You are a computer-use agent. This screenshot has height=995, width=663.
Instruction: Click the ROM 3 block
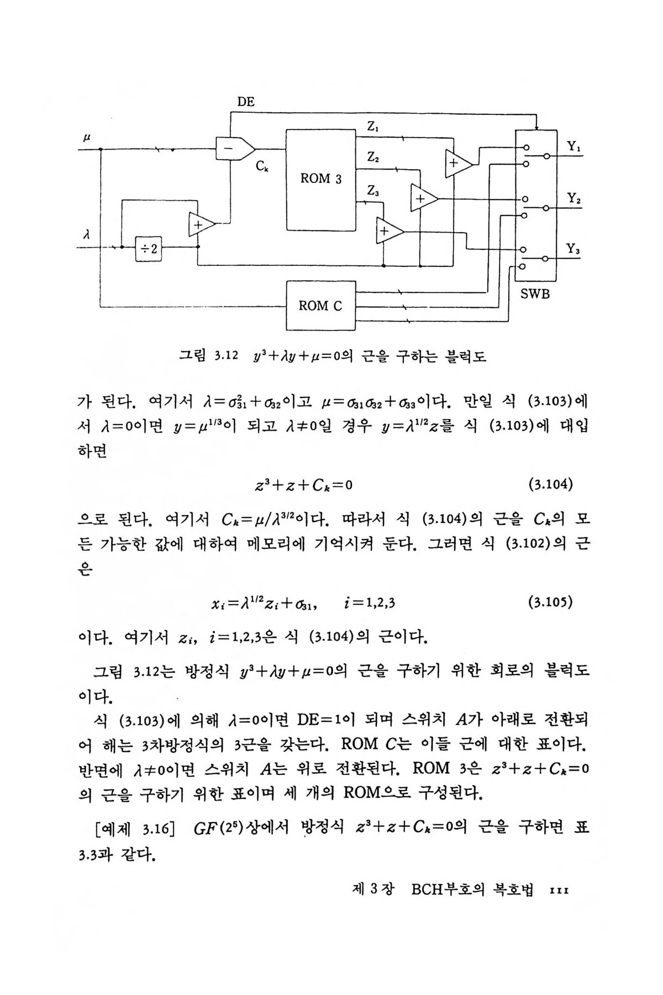pos(320,179)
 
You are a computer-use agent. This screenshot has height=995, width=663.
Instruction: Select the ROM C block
pos(320,305)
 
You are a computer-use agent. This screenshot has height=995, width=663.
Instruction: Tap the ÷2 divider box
pos(148,249)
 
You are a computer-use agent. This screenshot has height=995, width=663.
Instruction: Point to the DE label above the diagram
pos(246,102)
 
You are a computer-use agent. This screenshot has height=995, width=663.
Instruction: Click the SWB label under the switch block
pos(535,294)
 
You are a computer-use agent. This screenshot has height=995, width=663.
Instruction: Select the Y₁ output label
pos(573,147)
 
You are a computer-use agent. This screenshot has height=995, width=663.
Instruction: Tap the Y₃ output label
pos(573,249)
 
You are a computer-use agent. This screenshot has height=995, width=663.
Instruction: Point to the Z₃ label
pos(373,191)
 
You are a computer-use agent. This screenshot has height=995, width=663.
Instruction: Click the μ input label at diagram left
pos(87,136)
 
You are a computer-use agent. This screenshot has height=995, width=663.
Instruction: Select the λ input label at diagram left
pos(86,234)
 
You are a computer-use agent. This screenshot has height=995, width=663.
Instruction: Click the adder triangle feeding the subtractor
pos(200,224)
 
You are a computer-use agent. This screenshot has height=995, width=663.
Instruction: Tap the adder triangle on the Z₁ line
pos(457,163)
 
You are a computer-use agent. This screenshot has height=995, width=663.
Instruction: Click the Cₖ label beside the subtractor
pos(262,165)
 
